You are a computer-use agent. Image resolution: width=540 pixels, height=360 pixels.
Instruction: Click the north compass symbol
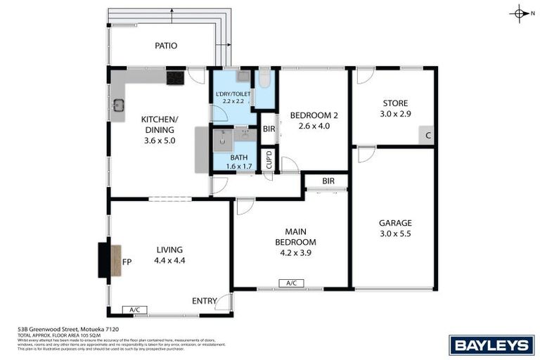[520, 13]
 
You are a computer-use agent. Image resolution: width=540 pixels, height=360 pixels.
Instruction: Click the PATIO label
[166, 46]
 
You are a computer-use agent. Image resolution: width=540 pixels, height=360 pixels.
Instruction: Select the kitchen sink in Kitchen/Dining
[119, 107]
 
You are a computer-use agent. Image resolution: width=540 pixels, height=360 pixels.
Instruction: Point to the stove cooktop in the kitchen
[175, 77]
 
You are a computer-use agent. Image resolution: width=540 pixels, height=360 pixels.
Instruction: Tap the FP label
[127, 262]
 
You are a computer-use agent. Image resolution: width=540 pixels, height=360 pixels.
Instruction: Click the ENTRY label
[205, 301]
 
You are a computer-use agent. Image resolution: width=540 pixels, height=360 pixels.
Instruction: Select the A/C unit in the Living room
[133, 309]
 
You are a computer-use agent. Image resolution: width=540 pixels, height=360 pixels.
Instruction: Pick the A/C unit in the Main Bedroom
[291, 283]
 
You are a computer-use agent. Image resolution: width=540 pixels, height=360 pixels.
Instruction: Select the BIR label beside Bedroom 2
[269, 129]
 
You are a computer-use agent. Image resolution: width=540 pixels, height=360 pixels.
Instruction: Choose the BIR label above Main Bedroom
[328, 181]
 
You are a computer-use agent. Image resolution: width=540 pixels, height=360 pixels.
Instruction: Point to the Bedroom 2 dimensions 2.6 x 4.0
[314, 127]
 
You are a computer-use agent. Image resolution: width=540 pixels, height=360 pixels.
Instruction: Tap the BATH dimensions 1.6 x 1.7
[238, 167]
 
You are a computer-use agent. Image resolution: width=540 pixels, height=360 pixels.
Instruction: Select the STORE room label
[394, 102]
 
